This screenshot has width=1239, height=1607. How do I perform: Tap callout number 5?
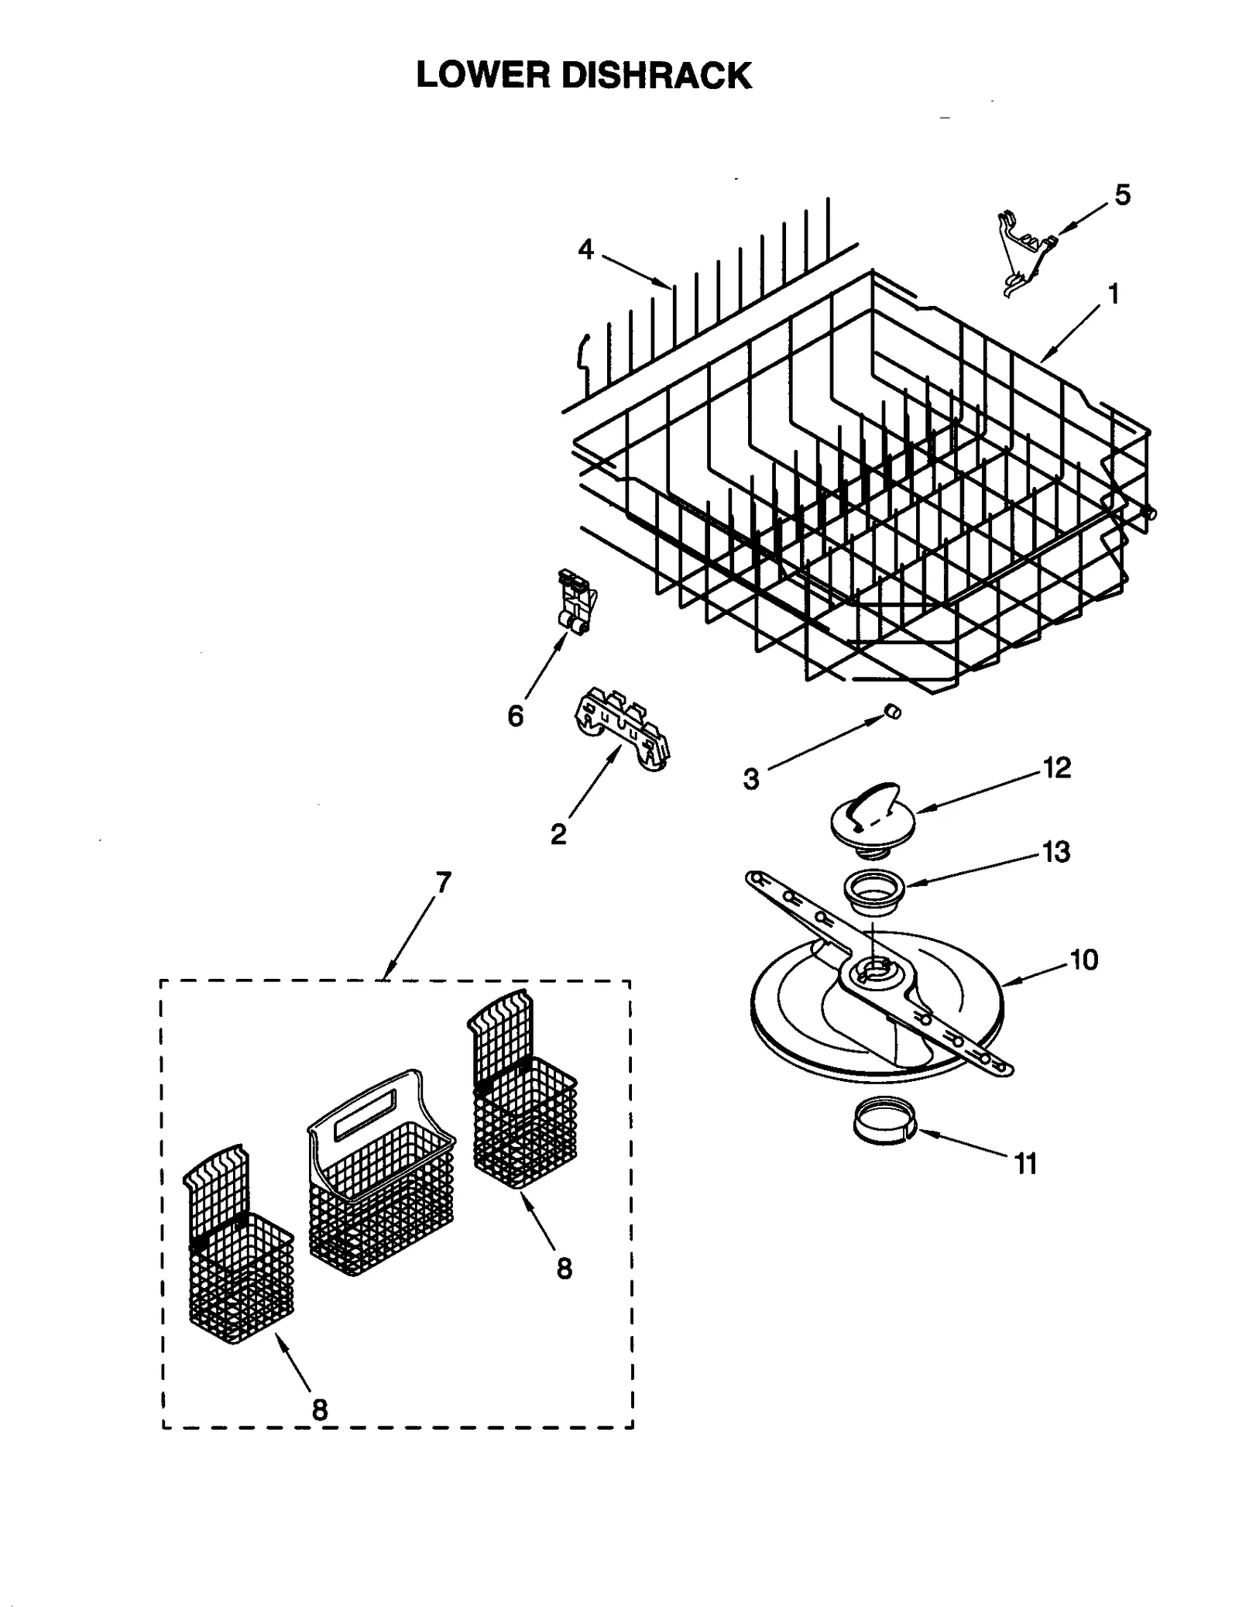click(x=1122, y=194)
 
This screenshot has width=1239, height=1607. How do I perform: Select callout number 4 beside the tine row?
click(x=585, y=249)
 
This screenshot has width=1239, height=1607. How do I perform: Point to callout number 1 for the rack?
click(x=1113, y=294)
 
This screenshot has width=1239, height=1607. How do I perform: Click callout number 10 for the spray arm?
click(x=1083, y=960)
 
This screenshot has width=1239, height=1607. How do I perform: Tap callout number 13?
click(x=1056, y=851)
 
